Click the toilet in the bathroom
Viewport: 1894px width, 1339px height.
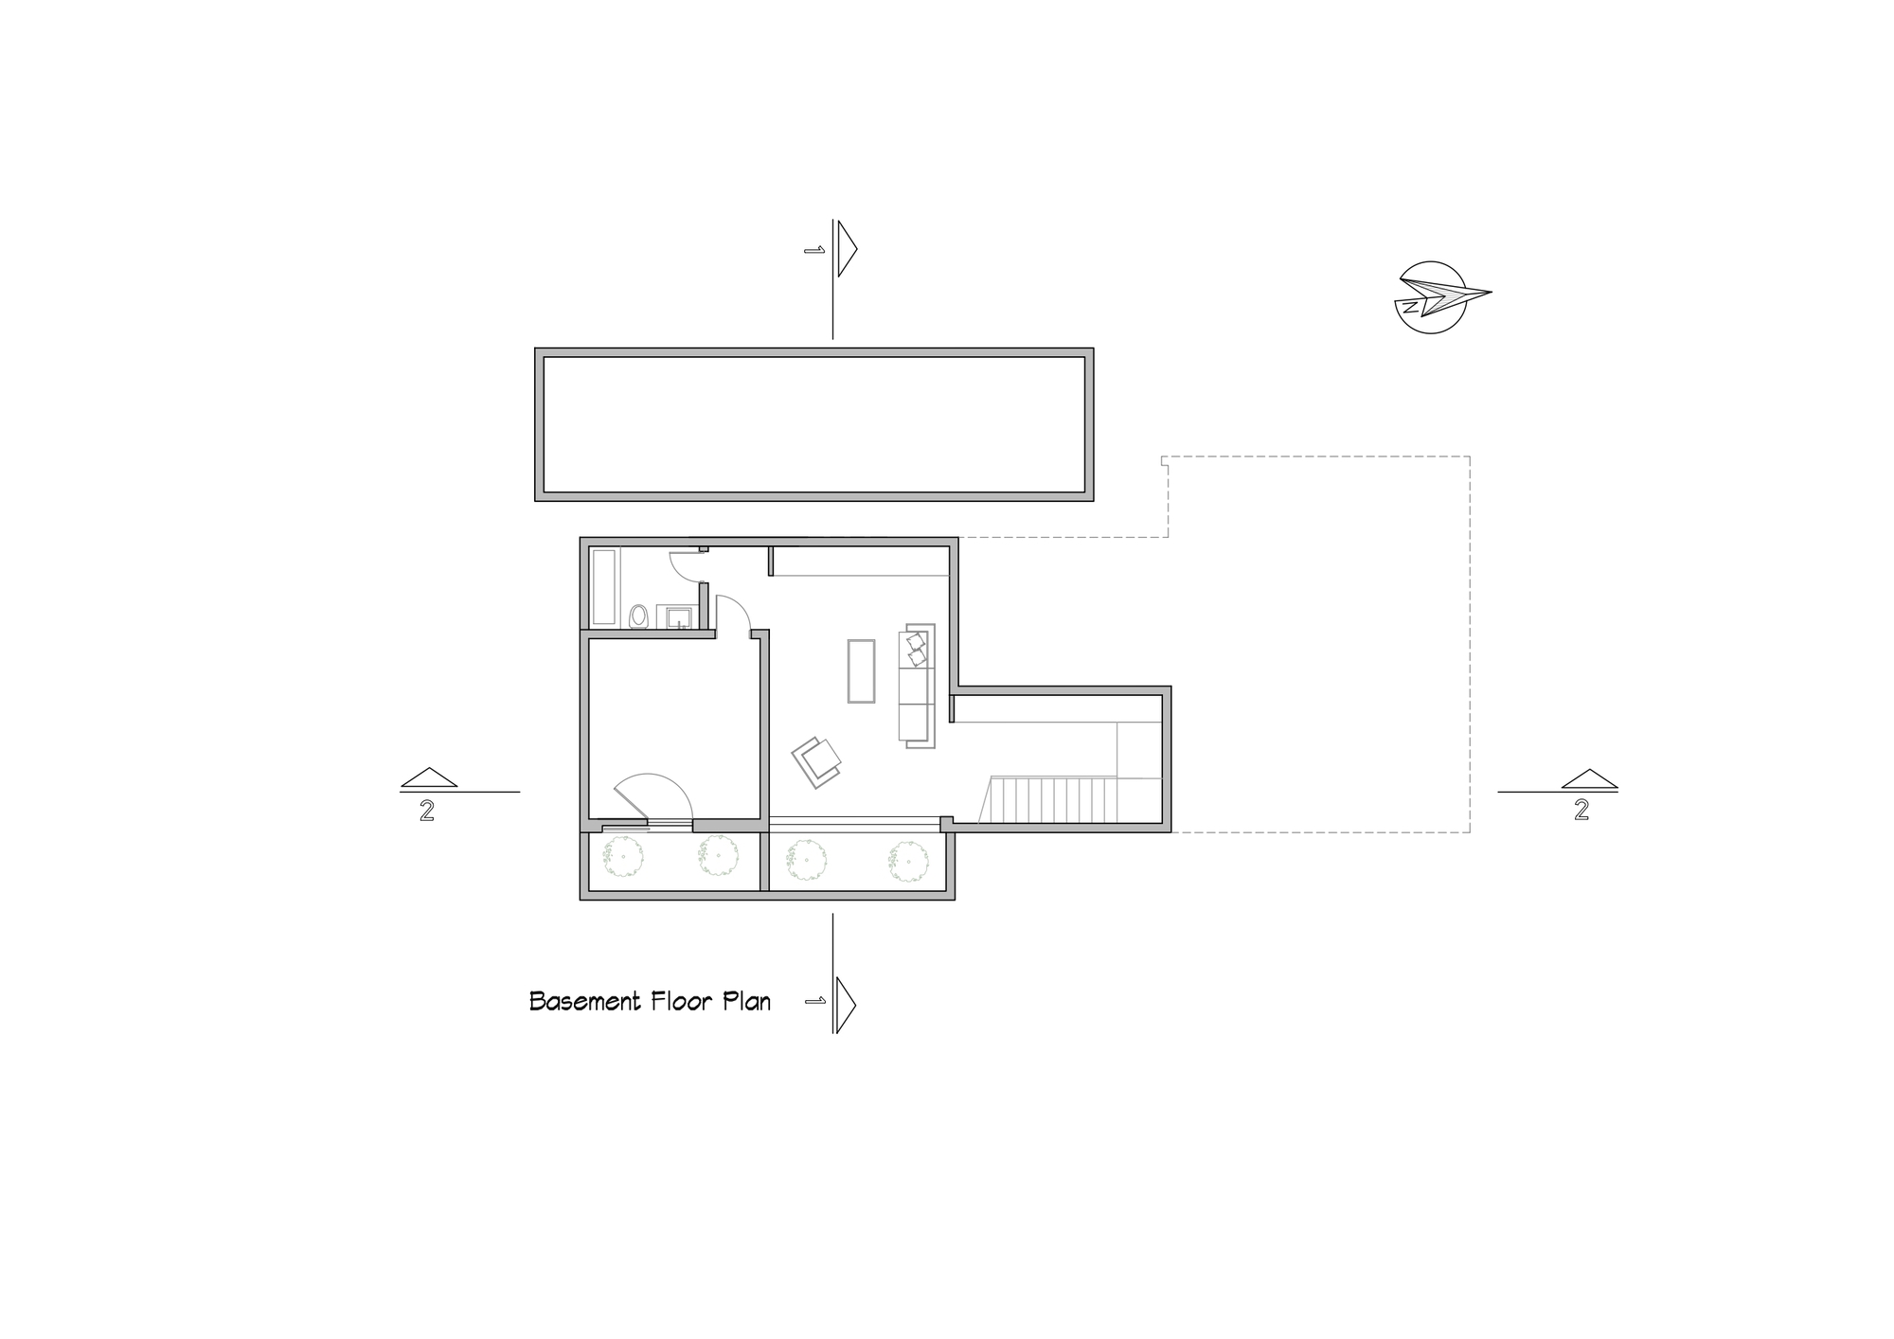click(639, 617)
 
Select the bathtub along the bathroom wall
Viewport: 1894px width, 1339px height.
click(604, 587)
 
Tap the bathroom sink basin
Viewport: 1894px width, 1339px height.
click(678, 618)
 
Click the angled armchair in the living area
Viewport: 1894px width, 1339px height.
click(817, 760)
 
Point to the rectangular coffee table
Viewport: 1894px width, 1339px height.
click(861, 670)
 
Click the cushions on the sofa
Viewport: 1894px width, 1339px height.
click(916, 650)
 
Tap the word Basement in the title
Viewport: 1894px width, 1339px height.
click(581, 1002)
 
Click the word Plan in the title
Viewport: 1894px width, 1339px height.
click(747, 1002)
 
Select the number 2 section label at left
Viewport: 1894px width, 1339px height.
click(427, 812)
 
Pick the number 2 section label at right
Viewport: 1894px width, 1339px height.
click(1581, 811)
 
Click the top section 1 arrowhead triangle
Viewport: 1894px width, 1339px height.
click(846, 248)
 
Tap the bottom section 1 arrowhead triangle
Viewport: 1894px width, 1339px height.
click(845, 1003)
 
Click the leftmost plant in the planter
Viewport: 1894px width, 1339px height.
click(624, 858)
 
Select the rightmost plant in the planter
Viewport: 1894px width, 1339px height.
click(907, 862)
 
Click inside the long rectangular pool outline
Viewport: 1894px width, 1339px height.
click(813, 424)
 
